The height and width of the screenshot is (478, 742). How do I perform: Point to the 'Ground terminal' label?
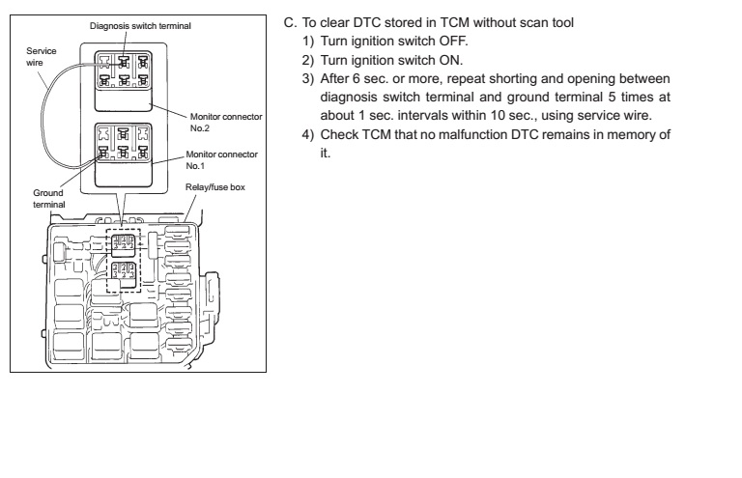coord(43,199)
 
